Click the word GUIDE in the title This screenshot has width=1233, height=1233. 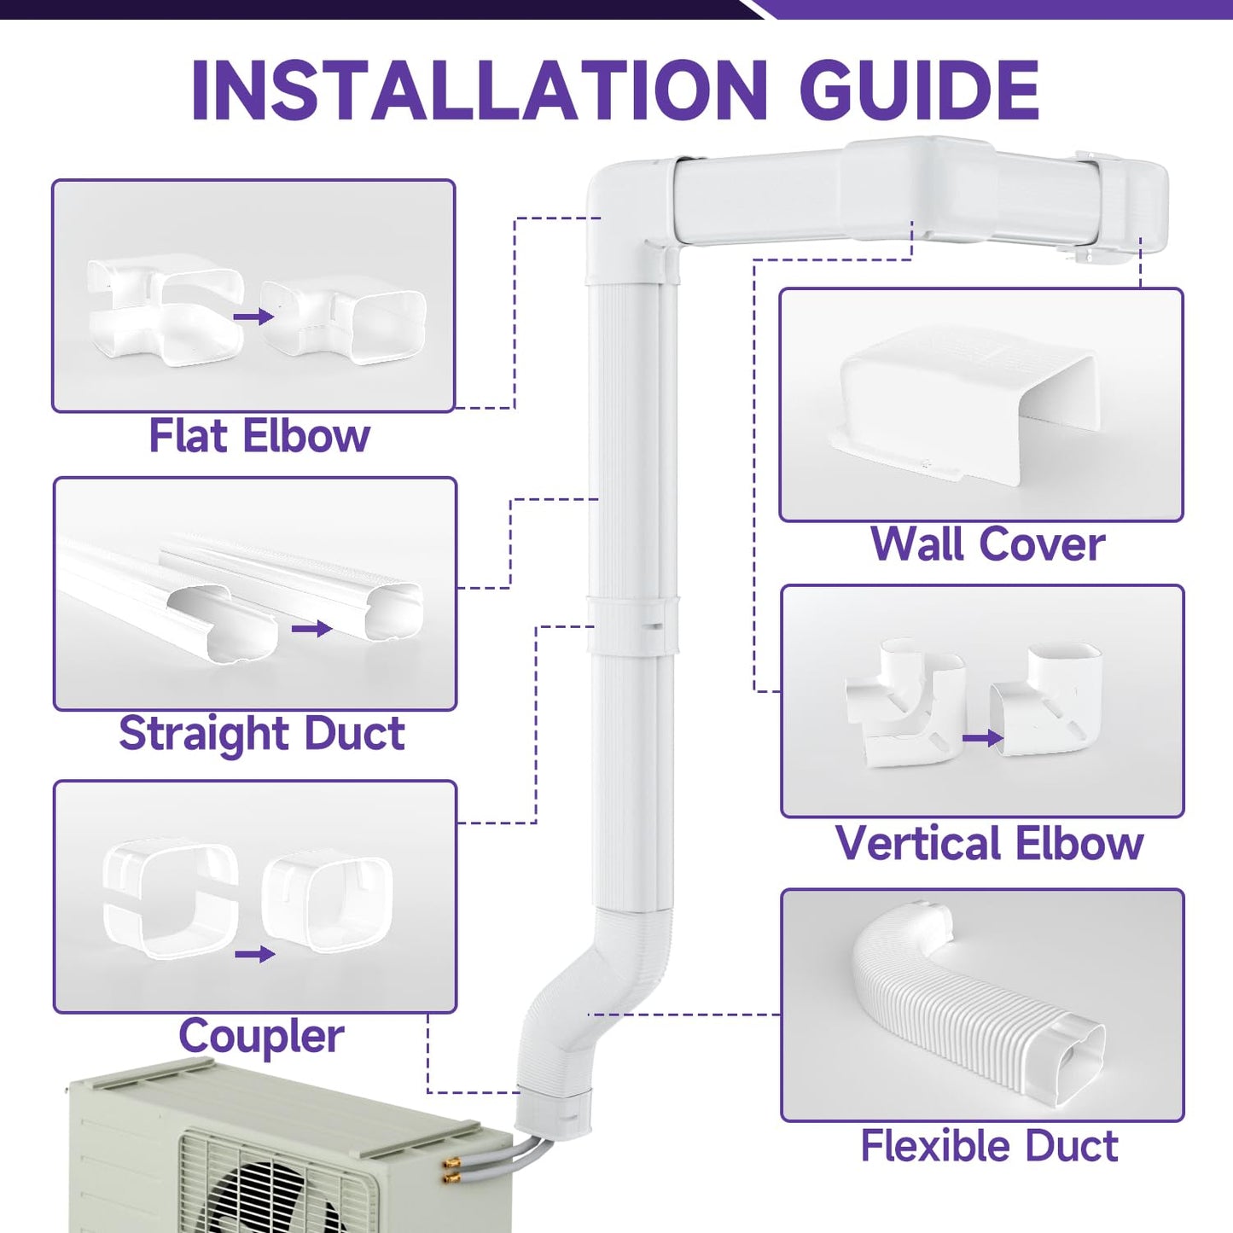pyautogui.click(x=919, y=90)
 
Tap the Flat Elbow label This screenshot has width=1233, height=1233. pyautogui.click(x=259, y=436)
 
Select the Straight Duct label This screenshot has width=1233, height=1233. pyautogui.click(x=261, y=734)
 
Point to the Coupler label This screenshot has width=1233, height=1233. pyautogui.click(x=261, y=1037)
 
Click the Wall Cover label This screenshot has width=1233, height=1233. pyautogui.click(x=987, y=544)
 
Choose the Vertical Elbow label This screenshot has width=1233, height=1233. pyautogui.click(x=989, y=843)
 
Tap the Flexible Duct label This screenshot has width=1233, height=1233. pyautogui.click(x=989, y=1146)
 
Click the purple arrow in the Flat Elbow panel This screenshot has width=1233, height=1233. pyautogui.click(x=253, y=317)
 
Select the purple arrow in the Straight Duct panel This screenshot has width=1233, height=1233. pyautogui.click(x=311, y=629)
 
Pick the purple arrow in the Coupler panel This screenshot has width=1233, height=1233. pyautogui.click(x=254, y=954)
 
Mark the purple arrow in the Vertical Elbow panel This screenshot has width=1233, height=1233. pyautogui.click(x=982, y=738)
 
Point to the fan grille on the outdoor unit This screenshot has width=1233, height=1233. pyautogui.click(x=273, y=1182)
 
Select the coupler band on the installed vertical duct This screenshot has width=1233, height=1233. pyautogui.click(x=632, y=625)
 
